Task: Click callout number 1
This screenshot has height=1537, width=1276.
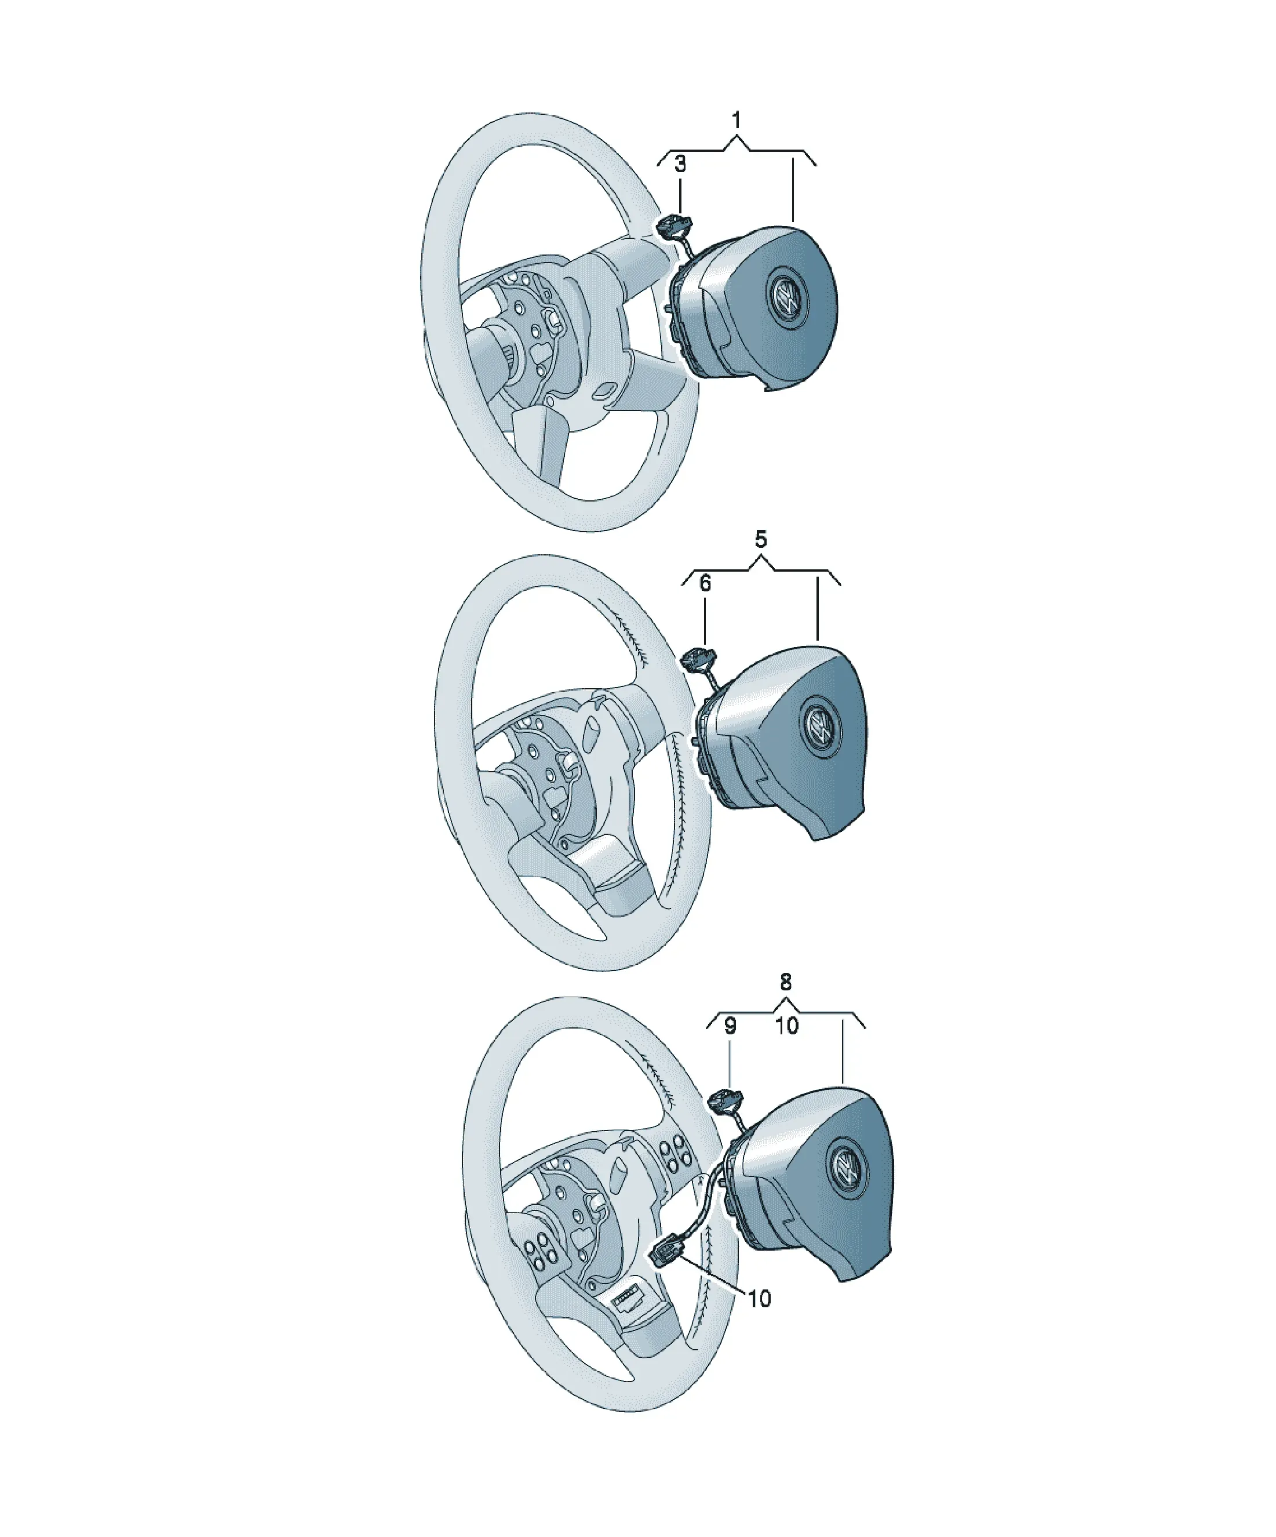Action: [x=736, y=120]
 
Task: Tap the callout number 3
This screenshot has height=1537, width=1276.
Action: [x=680, y=164]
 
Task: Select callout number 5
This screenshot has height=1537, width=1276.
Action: [x=761, y=540]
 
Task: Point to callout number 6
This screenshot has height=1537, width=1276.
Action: [x=705, y=583]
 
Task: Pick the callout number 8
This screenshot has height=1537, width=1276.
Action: [x=786, y=982]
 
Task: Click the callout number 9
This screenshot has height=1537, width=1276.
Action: [x=730, y=1026]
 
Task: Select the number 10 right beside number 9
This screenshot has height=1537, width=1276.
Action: [x=786, y=1026]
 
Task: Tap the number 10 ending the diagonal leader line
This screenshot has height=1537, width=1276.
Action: [x=760, y=1298]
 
